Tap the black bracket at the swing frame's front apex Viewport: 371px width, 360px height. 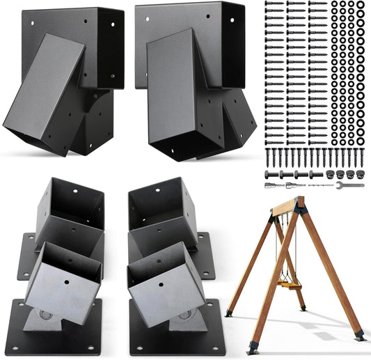pyautogui.click(x=299, y=206)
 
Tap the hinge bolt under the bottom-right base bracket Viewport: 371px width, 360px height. pyautogui.click(x=184, y=318)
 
